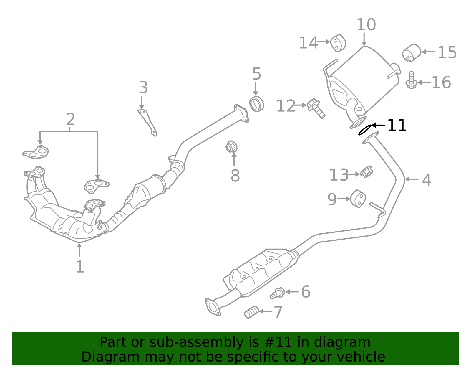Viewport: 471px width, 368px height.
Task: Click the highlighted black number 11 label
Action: point(397,125)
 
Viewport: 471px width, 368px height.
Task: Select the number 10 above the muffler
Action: point(366,24)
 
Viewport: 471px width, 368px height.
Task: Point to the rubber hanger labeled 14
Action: point(338,43)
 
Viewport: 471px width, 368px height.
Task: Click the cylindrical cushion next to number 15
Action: point(412,53)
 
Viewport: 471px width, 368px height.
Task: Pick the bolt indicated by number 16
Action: point(411,80)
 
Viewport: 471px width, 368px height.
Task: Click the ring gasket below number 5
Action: point(256,104)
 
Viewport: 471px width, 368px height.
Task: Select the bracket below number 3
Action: point(147,123)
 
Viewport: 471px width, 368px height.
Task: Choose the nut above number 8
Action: point(231,147)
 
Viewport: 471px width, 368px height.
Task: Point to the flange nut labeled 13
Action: point(366,172)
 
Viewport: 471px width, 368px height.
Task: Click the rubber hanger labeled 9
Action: point(358,199)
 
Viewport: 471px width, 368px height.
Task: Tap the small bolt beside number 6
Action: point(277,293)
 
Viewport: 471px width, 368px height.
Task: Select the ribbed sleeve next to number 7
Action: point(251,312)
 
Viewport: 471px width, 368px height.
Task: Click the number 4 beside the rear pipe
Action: point(427,180)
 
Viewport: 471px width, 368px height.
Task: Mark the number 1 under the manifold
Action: point(80,267)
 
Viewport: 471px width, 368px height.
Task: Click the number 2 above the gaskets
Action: point(71,119)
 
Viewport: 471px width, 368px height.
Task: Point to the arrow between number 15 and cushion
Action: point(428,52)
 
